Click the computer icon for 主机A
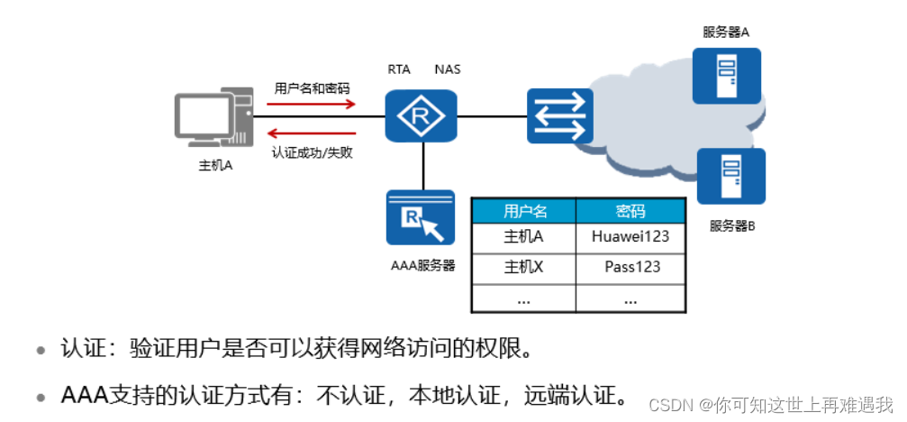[x=213, y=120]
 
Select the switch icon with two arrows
[x=558, y=115]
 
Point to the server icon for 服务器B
[x=730, y=177]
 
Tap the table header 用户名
[x=525, y=211]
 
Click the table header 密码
[x=630, y=211]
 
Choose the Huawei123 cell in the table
[x=630, y=237]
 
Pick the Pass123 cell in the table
[x=630, y=267]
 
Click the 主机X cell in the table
[x=525, y=267]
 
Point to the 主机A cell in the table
[x=525, y=237]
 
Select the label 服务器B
[x=730, y=225]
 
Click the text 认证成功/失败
[x=312, y=152]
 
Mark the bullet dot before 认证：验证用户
[x=41, y=350]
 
